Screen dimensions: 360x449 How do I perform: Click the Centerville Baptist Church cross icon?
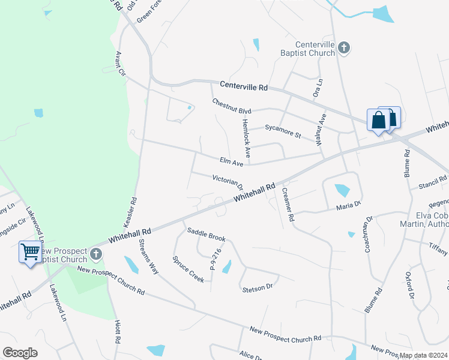click(x=344, y=48)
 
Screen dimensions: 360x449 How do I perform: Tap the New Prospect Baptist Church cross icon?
click(x=95, y=255)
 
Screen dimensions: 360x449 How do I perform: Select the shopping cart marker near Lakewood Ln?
click(x=29, y=251)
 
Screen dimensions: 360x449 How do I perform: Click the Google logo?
click(x=20, y=353)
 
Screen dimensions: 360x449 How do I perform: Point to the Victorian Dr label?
click(x=227, y=180)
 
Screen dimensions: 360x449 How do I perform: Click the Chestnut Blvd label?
click(x=231, y=107)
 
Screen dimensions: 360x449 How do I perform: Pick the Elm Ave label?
click(x=231, y=162)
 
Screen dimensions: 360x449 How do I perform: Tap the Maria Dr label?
click(x=348, y=206)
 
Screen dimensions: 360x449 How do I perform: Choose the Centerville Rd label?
click(x=244, y=86)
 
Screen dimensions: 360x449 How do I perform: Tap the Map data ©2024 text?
click(x=423, y=355)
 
